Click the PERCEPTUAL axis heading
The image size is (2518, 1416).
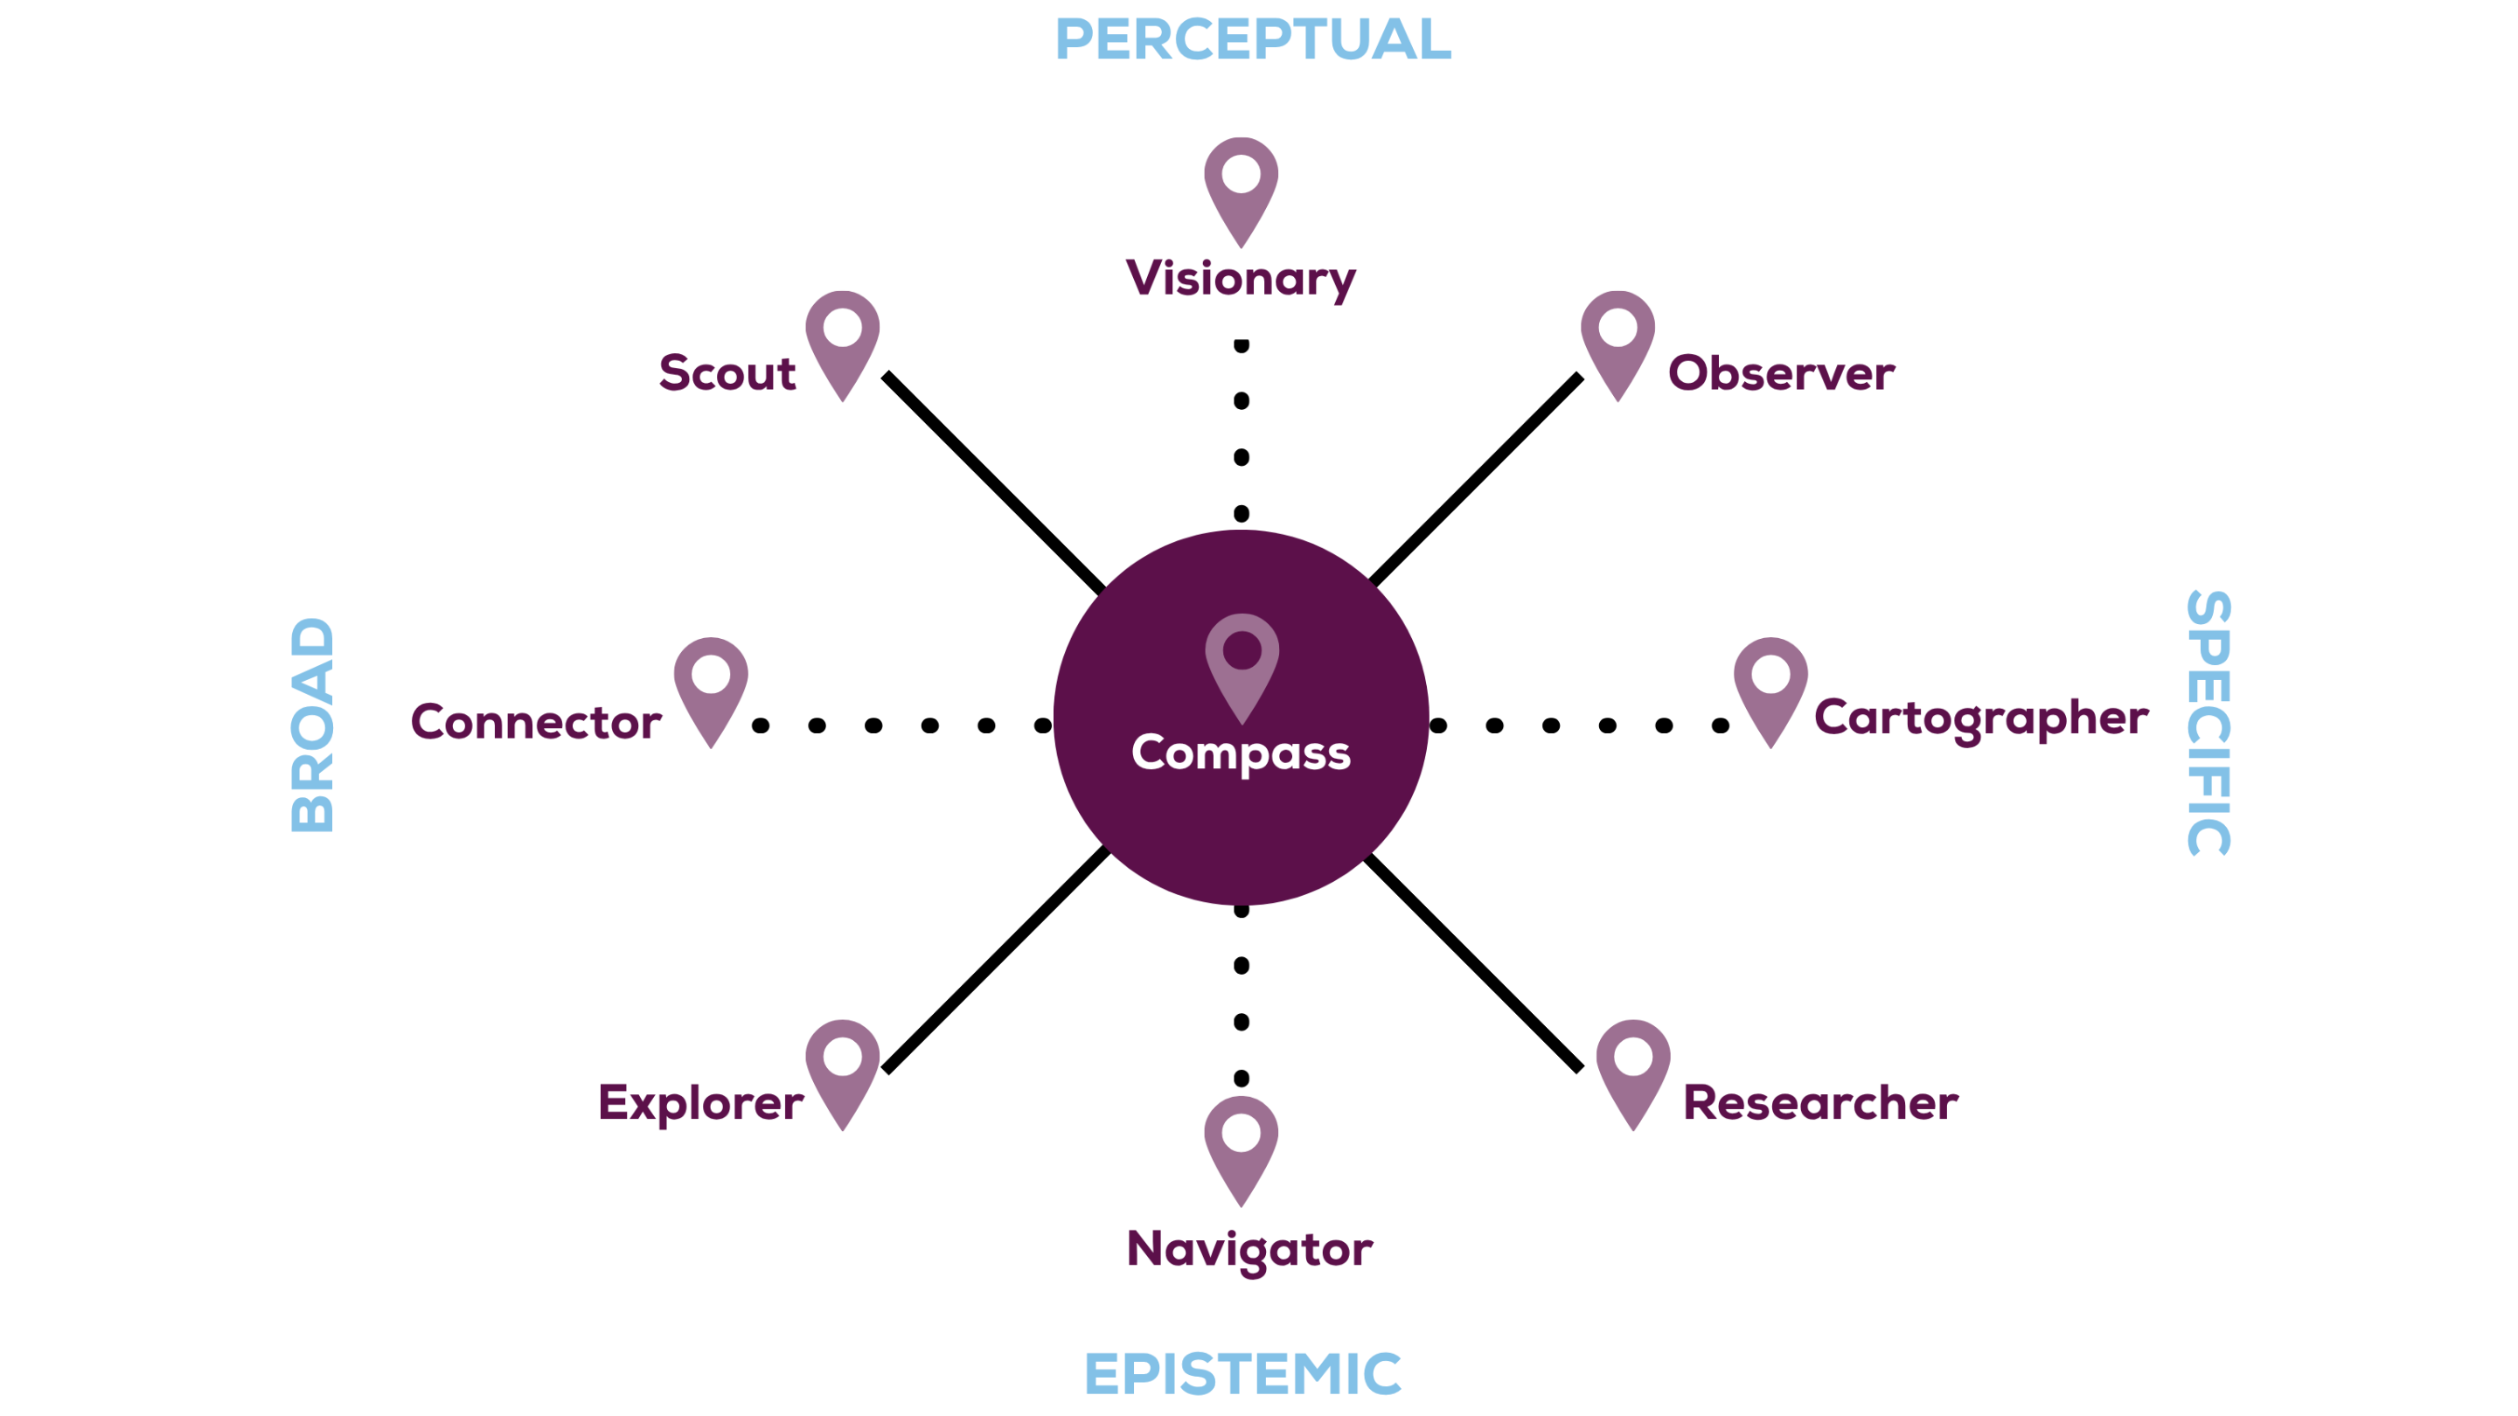pos(1252,39)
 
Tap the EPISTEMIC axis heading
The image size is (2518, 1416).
pos(1242,1373)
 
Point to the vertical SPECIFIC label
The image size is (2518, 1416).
pos(2208,723)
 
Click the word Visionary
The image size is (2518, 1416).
pos(1241,279)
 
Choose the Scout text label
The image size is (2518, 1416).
pos(727,373)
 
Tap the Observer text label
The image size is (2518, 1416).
pos(1780,373)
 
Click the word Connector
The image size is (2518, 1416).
pos(536,722)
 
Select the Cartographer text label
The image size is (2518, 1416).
pos(1980,718)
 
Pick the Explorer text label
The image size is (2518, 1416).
pos(699,1102)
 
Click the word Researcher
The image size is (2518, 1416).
pos(1819,1102)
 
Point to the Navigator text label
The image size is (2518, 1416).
pos(1249,1249)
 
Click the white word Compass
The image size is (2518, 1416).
pos(1241,753)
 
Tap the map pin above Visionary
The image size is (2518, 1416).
pos(1241,185)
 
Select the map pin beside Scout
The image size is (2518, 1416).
pos(842,339)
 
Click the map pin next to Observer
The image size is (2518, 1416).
pos(1617,339)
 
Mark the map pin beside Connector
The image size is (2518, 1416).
pos(711,687)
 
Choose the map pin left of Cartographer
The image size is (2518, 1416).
pos(1770,687)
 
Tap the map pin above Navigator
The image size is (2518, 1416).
pos(1241,1145)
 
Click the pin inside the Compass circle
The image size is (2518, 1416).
pos(1242,663)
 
